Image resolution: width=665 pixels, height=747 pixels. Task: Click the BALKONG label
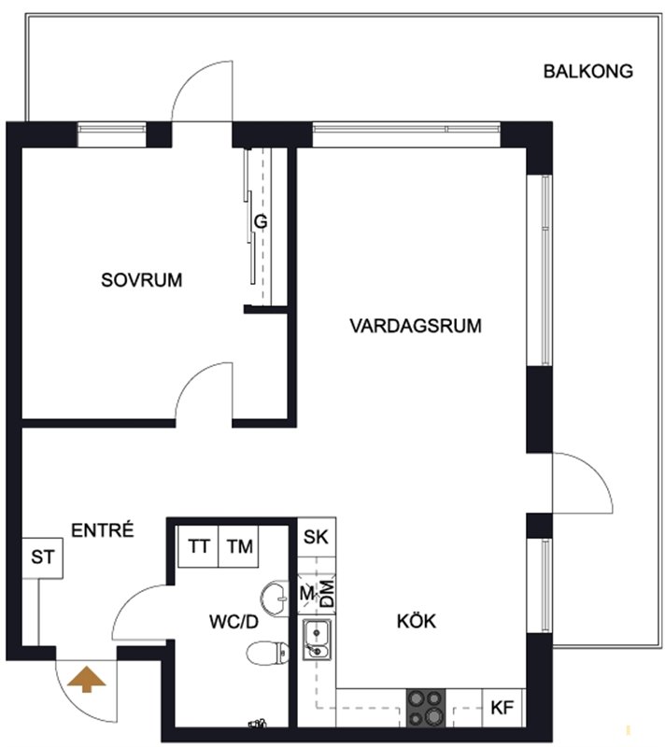588,72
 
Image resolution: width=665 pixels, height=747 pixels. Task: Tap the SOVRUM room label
141,280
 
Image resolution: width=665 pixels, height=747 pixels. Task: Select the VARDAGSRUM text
416,326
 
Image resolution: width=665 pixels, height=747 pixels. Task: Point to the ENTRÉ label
103,529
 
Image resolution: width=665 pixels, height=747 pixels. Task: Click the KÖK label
417,621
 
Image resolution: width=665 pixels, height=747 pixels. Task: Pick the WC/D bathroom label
233,622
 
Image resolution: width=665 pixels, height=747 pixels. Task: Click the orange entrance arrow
86,679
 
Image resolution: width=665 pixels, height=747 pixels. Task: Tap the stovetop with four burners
425,708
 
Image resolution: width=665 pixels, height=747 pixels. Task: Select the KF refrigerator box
503,708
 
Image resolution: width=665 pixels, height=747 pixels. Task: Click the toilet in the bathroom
268,653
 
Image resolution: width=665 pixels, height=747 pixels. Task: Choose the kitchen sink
318,640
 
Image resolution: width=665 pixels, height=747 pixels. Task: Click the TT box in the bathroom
198,546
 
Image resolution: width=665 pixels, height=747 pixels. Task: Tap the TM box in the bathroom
239,546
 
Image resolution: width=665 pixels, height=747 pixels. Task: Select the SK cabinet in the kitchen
317,538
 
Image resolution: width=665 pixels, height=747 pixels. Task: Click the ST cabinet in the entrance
42,557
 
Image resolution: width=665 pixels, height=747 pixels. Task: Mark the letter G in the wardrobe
261,222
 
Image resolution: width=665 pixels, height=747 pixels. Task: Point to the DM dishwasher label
327,594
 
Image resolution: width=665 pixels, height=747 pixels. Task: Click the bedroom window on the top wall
112,134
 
